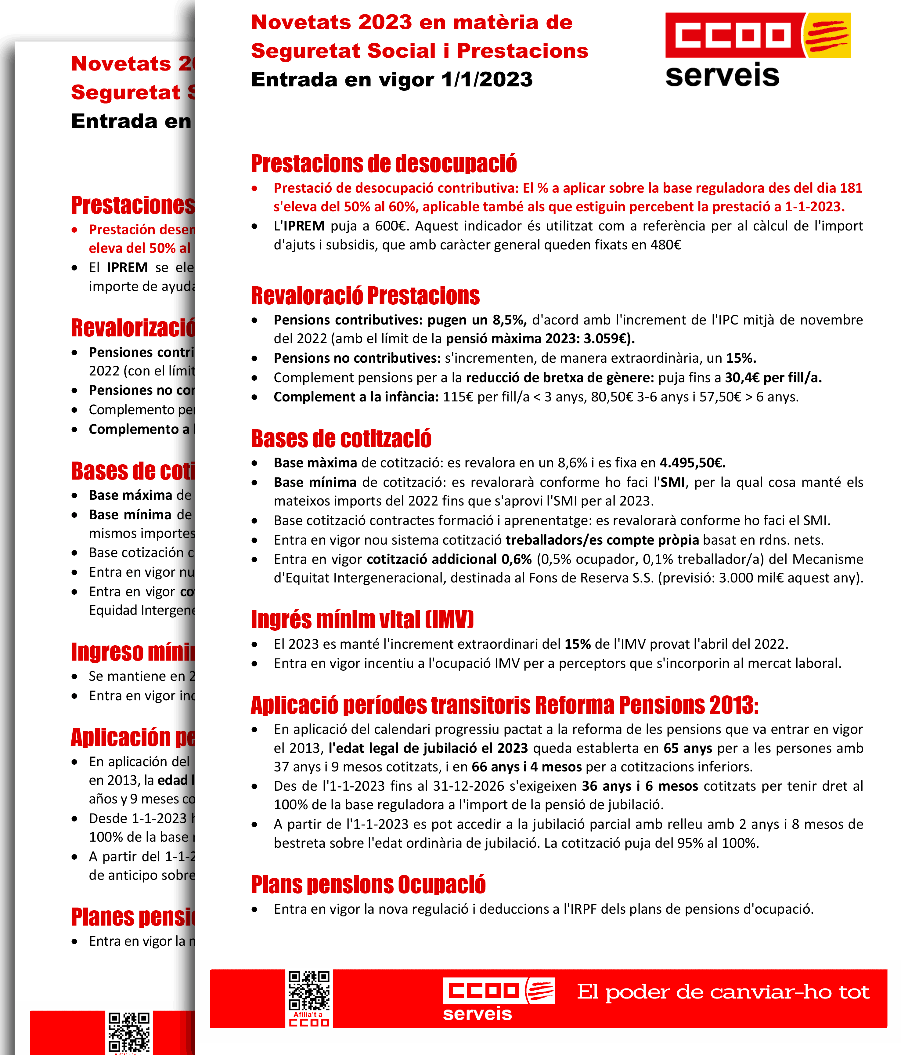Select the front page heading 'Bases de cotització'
click(341, 439)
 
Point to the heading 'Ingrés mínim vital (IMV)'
click(362, 620)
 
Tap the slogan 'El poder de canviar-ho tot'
click(723, 992)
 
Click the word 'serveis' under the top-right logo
click(722, 75)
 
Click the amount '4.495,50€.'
click(692, 463)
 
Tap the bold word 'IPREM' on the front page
click(304, 226)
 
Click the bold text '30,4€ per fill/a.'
click(773, 378)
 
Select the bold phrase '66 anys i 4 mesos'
click(526, 767)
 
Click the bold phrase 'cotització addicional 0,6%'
click(449, 559)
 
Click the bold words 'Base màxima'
click(315, 463)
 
